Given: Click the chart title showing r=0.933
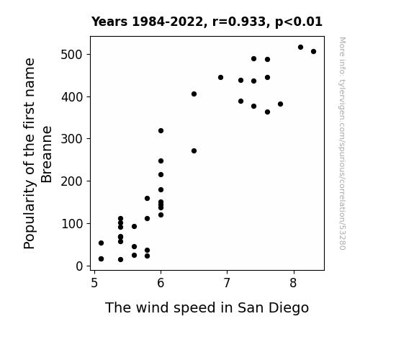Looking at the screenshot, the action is pos(207,22).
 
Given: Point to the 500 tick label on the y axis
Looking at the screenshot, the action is pos(71,55).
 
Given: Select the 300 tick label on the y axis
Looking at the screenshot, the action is pos(71,139).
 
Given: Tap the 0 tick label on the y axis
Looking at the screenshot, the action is pos(79,266).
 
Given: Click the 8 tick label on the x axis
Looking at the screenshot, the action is pos(293,283).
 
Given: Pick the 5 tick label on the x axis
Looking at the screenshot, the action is pos(94,283).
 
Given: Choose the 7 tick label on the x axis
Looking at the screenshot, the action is pos(227,283).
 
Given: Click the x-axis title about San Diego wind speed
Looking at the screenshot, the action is pos(207,307).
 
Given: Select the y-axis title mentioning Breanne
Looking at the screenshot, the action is pos(37,153).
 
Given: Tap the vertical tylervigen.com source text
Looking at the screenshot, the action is pos(342,143).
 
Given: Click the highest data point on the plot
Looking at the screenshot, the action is pos(300,48).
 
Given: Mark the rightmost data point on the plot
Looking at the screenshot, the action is pos(313,52).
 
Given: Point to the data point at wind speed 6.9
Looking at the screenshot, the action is pos(221,77).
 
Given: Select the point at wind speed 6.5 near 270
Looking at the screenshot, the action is pos(194,150).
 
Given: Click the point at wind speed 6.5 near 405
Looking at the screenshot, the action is pos(194,94).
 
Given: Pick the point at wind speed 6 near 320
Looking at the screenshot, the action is pos(161,131).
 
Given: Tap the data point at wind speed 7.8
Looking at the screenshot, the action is pos(280,104).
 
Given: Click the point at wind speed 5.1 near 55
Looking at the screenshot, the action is pos(101,243).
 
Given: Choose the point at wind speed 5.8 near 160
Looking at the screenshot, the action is pos(148,198).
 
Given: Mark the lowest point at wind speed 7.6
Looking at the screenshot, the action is pos(267,112).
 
